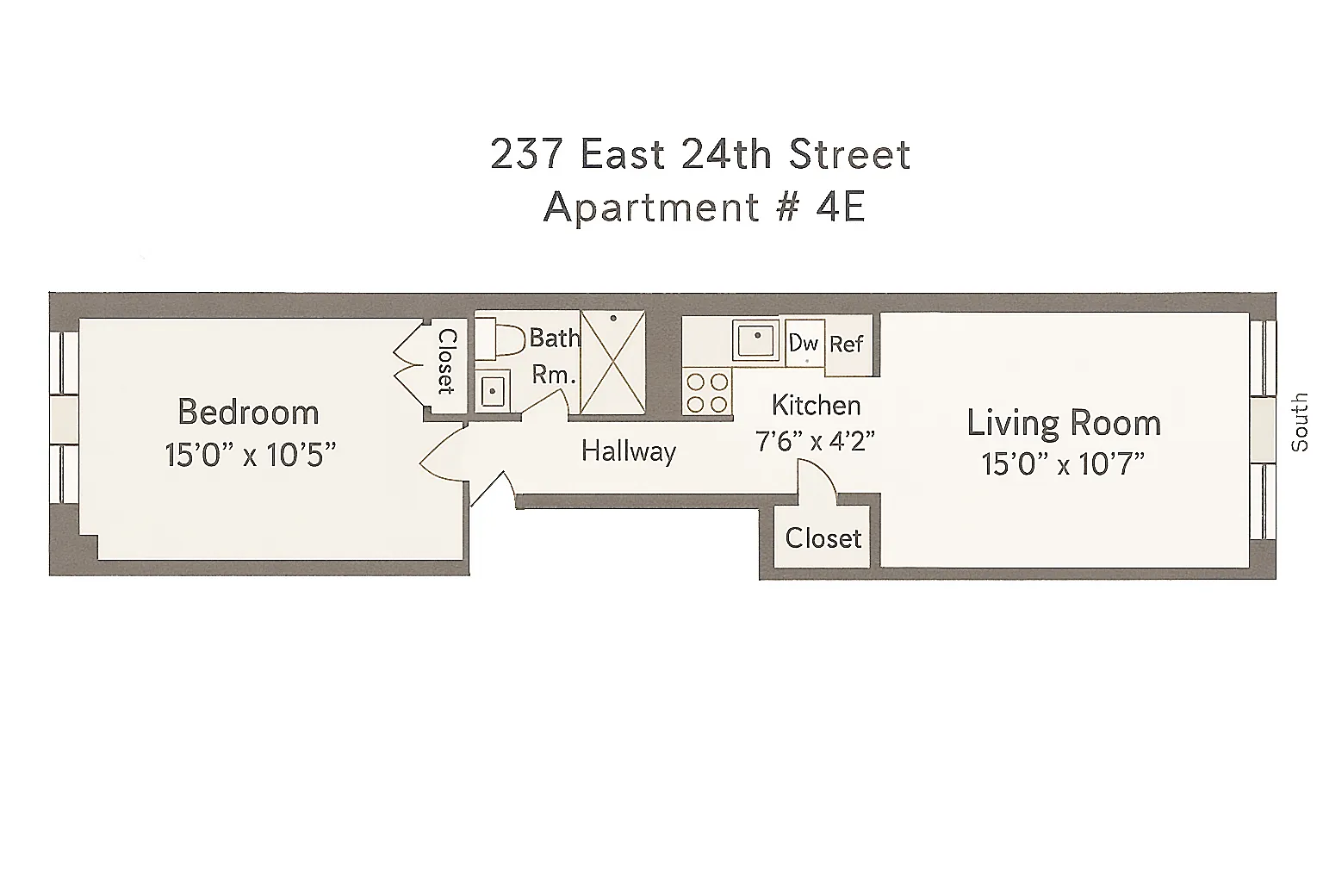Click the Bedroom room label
pos(248,412)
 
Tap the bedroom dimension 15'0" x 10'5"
pos(249,455)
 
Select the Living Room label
pos(1064,423)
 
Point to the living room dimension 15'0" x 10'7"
pos(1063,465)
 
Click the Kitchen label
pos(816,405)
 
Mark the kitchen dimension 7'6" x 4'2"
pos(815,441)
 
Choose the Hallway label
pos(629,451)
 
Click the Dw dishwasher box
pos(804,343)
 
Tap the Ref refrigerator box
pos(847,345)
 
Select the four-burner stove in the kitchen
pos(707,392)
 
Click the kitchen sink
pos(755,340)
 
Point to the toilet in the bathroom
pos(500,339)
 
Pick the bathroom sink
pos(493,392)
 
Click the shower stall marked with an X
pos(612,363)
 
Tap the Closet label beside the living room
pos(823,538)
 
